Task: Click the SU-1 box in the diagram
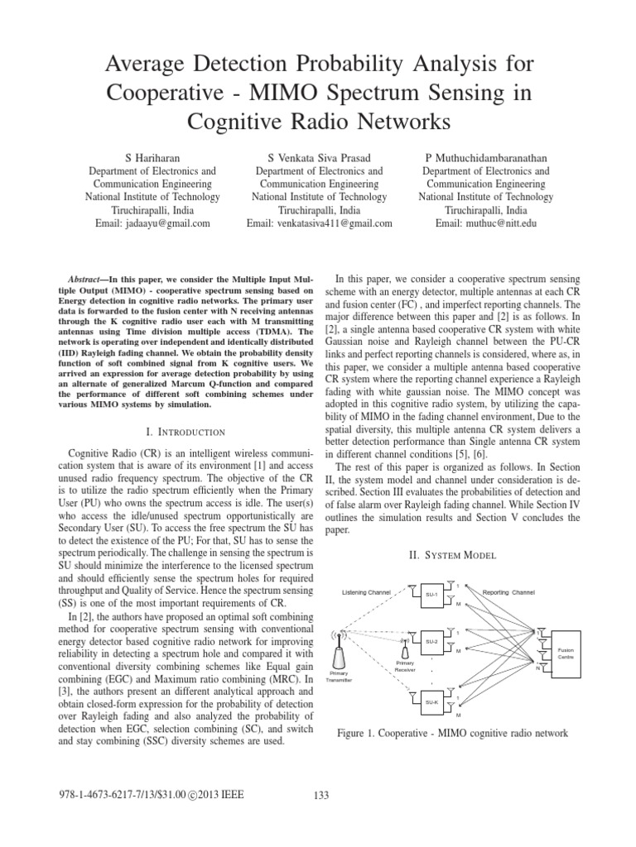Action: pos(431,594)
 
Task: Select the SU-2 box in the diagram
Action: pos(431,641)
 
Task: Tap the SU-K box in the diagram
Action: pos(431,702)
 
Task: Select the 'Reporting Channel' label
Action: pos(510,592)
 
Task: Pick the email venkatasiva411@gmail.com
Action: pos(318,223)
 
